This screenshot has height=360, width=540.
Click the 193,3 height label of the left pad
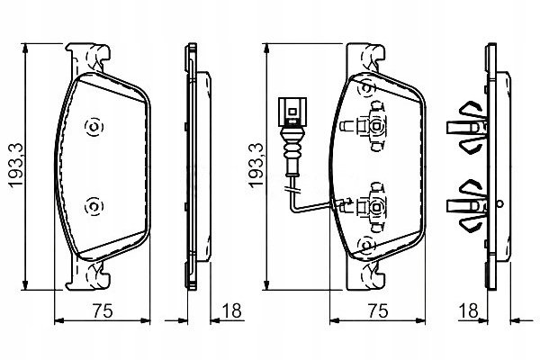[16, 166]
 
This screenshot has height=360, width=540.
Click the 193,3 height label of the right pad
[256, 166]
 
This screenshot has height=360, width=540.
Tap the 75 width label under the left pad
[103, 311]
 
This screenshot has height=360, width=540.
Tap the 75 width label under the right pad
[378, 311]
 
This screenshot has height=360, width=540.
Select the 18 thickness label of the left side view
[232, 310]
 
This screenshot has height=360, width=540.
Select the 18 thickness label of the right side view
[468, 310]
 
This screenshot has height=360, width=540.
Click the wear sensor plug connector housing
[292, 112]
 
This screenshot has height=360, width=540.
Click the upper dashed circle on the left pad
[94, 127]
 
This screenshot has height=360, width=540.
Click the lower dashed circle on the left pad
[94, 207]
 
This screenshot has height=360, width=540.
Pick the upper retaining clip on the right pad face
[370, 126]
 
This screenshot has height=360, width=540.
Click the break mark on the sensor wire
[292, 189]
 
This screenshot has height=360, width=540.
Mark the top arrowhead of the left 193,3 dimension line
[25, 49]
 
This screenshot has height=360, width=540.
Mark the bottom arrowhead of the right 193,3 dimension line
[266, 285]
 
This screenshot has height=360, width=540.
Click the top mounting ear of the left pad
[89, 58]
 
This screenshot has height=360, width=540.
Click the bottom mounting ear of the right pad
[364, 274]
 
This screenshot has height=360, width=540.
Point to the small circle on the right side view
[500, 203]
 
